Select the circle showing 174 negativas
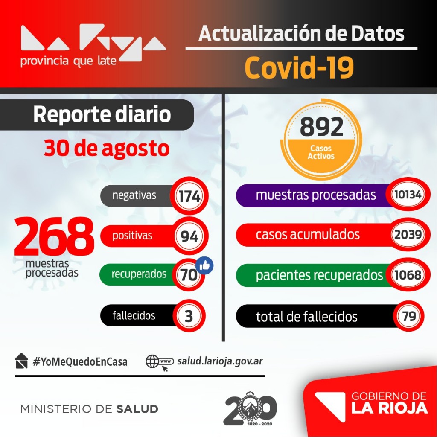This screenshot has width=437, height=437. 189,197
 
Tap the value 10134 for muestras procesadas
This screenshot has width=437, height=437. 408,195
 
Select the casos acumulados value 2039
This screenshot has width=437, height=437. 408,234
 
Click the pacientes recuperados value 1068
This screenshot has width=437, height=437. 408,275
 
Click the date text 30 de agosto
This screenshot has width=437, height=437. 106,149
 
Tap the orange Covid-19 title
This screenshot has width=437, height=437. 299,68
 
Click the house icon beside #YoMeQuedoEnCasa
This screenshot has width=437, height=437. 21,361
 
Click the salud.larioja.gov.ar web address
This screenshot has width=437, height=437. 220,361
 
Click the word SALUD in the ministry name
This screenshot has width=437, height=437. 137,409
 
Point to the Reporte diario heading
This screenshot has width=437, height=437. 102,115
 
